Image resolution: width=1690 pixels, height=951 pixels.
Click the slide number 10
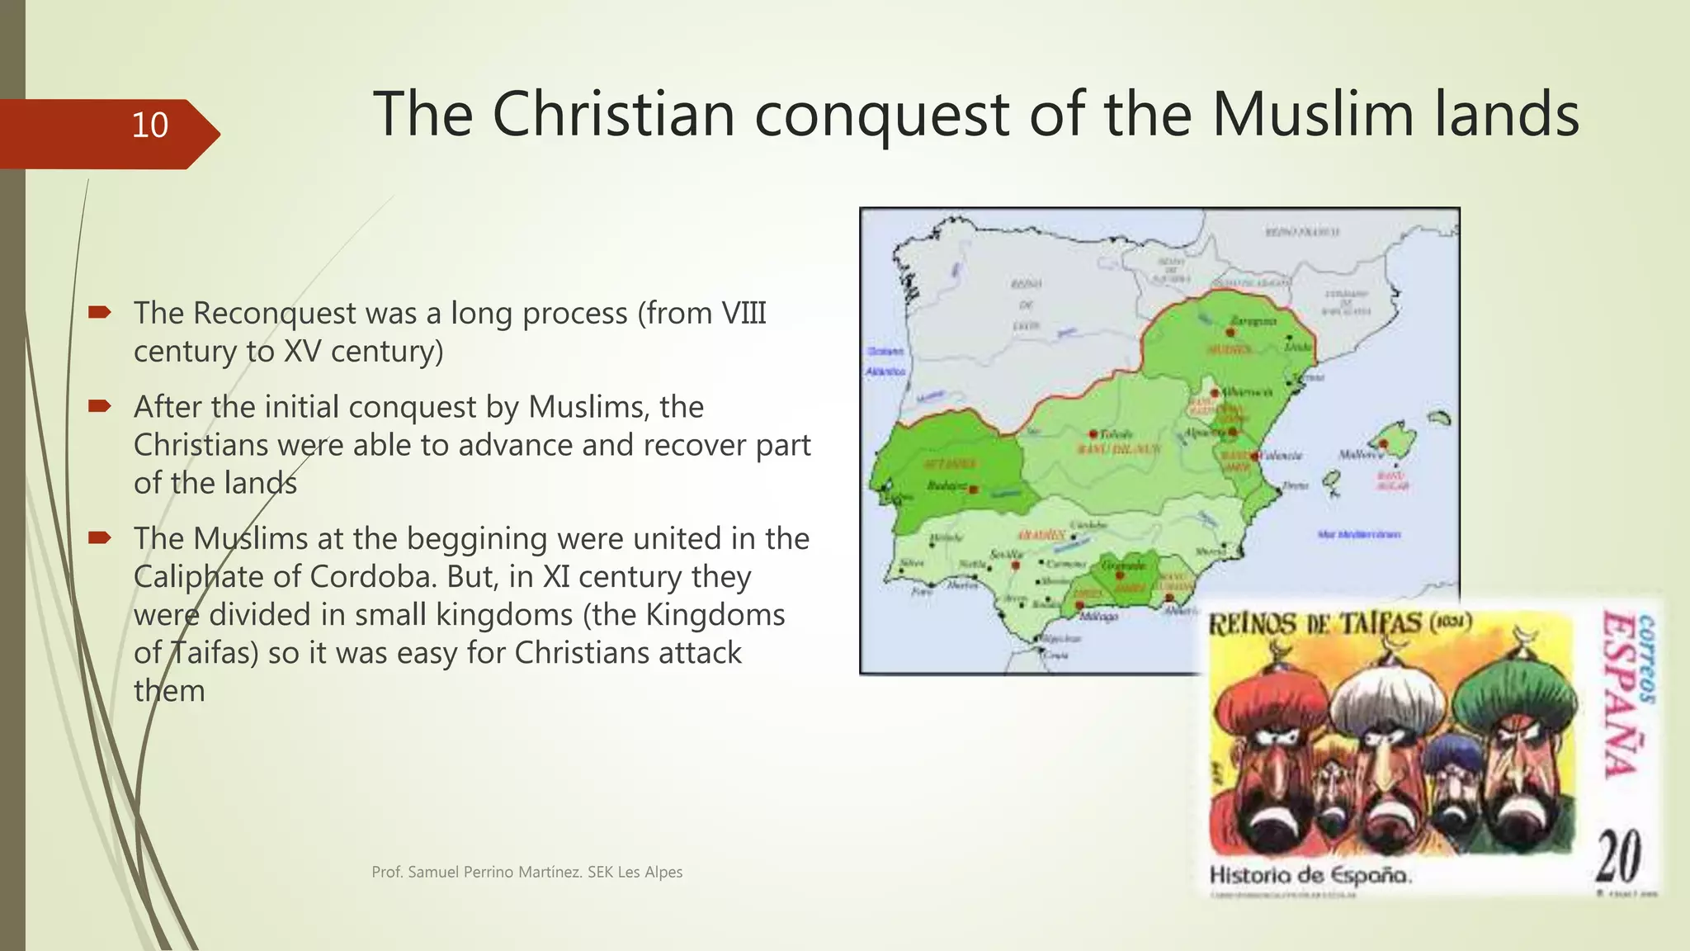pyautogui.click(x=149, y=125)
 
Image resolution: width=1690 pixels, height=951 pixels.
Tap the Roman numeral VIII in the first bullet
pyautogui.click(x=744, y=314)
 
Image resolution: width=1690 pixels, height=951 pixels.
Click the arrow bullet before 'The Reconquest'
pyautogui.click(x=100, y=312)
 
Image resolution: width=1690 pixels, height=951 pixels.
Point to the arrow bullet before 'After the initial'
pyautogui.click(x=100, y=406)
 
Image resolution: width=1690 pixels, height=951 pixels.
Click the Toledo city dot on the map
pyautogui.click(x=1093, y=434)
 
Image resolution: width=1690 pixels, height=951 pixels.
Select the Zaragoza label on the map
pyautogui.click(x=1253, y=320)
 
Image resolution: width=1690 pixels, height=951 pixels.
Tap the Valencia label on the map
pyautogui.click(x=1282, y=456)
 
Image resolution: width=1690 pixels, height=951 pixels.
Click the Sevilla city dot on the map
pyautogui.click(x=1016, y=565)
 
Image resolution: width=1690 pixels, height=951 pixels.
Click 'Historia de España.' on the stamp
pyautogui.click(x=1310, y=875)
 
